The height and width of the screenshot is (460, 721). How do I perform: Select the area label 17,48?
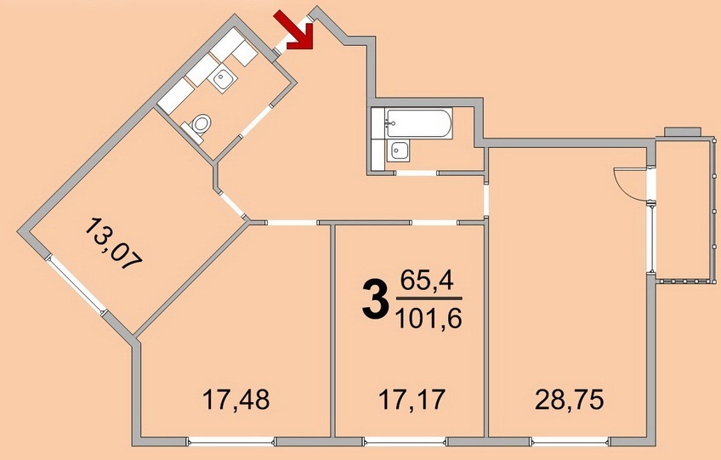[x=236, y=400]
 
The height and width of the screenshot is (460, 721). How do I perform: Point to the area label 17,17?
[x=412, y=400]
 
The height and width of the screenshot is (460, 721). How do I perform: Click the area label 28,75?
[x=570, y=400]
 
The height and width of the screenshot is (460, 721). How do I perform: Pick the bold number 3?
[x=373, y=300]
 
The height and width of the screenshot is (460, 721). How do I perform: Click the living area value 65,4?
[x=427, y=280]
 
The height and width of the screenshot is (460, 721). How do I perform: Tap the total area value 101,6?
[x=429, y=318]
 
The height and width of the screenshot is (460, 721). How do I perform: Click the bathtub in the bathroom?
[x=418, y=122]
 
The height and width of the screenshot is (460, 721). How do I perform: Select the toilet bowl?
[x=199, y=125]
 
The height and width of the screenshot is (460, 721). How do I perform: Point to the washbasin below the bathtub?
[x=398, y=150]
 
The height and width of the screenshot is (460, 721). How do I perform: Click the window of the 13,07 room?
[x=76, y=286]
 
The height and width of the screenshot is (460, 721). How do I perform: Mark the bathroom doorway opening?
[x=416, y=173]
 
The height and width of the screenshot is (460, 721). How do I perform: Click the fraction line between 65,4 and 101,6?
[x=429, y=299]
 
